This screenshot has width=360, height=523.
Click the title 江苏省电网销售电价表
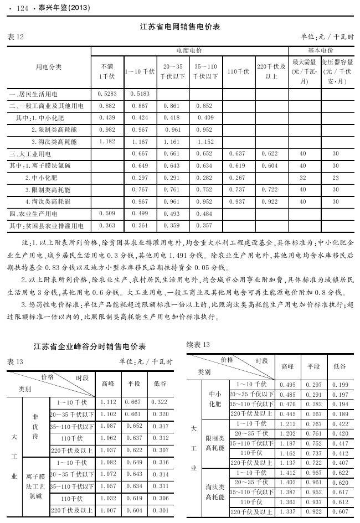180,27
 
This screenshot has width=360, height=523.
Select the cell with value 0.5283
107,94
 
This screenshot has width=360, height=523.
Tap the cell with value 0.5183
140,94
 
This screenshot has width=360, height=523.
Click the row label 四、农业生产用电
40,214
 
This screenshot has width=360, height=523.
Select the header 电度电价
189,50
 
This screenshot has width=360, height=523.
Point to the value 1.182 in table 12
107,142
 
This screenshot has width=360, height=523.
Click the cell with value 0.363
107,226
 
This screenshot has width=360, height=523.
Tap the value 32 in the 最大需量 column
303,178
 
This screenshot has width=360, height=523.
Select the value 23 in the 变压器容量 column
336,178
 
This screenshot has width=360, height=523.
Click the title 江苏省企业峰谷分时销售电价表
90,346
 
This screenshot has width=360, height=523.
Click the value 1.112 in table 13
109,402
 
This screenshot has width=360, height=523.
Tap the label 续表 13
198,344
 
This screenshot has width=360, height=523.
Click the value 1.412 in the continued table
288,473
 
